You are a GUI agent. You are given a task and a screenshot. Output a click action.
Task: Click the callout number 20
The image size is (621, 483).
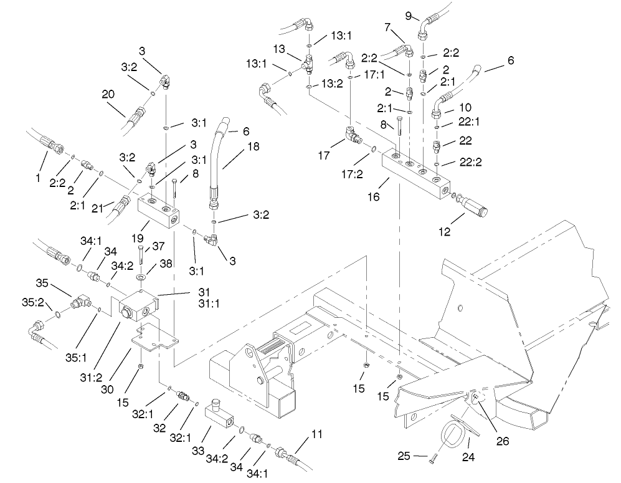click(x=108, y=95)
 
